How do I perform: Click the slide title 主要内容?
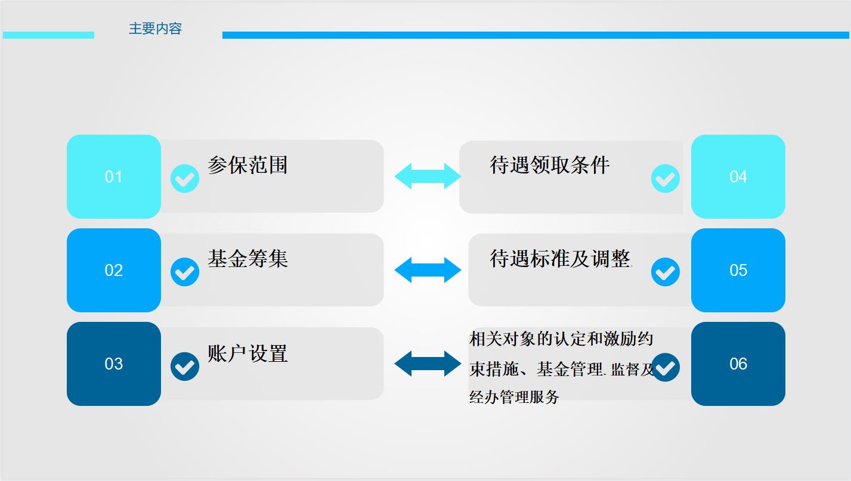(155, 29)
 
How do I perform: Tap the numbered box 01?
(113, 176)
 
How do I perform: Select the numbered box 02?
(113, 270)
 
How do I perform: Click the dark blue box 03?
(113, 364)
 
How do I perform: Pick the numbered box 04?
(738, 176)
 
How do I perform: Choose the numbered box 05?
(738, 270)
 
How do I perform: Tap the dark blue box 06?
(738, 364)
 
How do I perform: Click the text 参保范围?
(247, 165)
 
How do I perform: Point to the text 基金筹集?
(247, 259)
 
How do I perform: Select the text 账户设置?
(247, 353)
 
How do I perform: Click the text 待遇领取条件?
(550, 165)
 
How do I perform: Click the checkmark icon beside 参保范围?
(185, 178)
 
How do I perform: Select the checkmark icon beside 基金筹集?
(185, 272)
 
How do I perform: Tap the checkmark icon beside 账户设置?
(185, 367)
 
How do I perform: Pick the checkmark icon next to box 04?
(665, 178)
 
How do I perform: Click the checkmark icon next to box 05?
(665, 272)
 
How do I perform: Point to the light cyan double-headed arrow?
(428, 176)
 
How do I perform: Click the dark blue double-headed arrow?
(428, 364)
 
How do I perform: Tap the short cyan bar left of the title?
(49, 35)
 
